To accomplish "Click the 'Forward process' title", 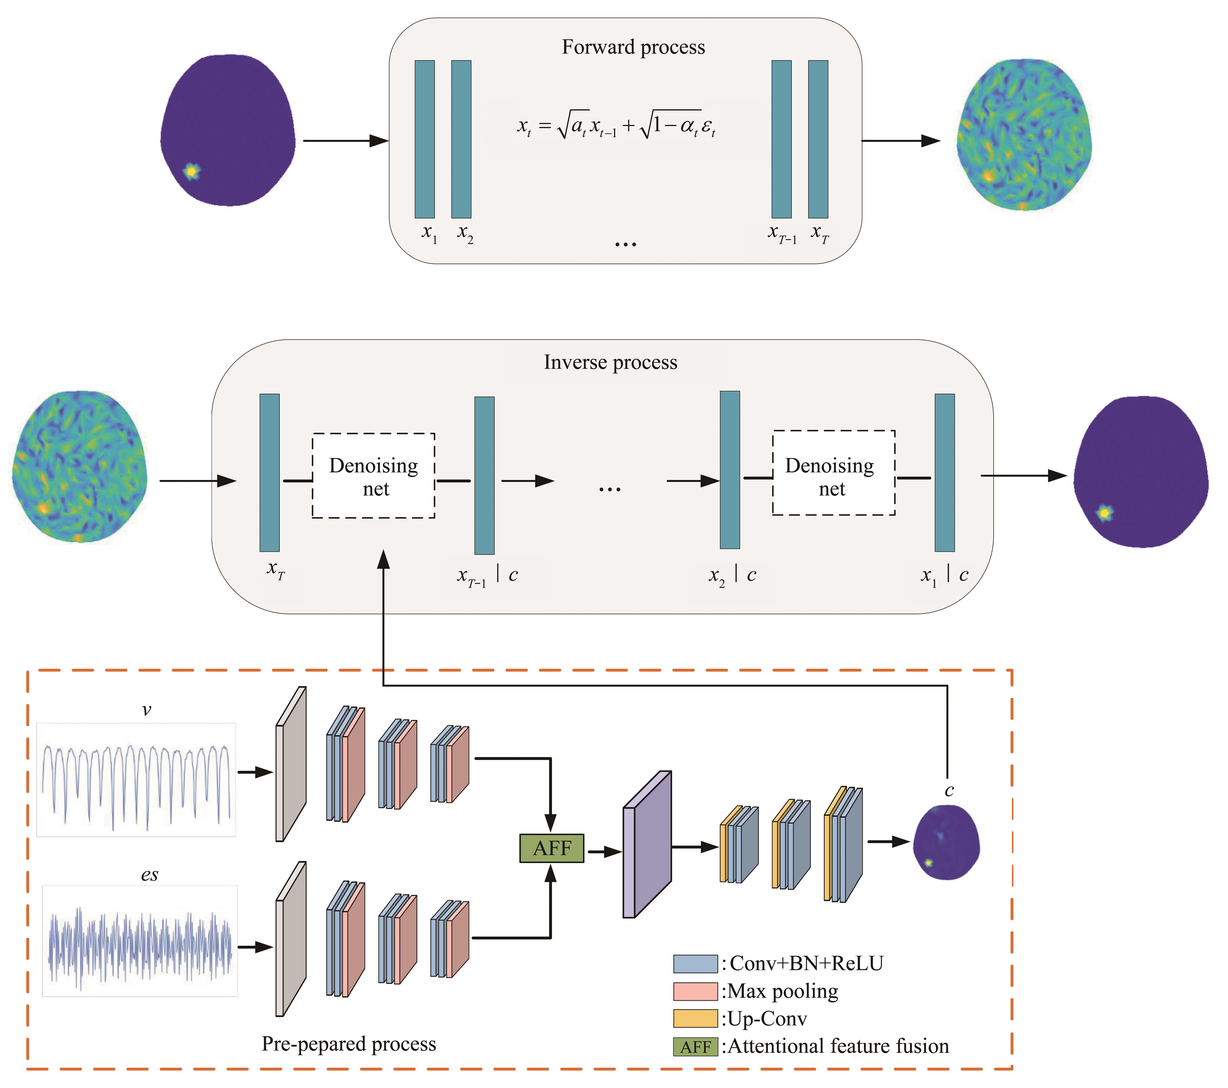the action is [x=633, y=47].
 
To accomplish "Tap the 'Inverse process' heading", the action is [x=610, y=362].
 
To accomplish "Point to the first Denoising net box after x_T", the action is [x=373, y=475].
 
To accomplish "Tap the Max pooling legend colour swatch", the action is [x=695, y=991].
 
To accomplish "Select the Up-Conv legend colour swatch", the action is [x=695, y=1019].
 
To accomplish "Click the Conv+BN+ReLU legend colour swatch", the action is [x=695, y=964].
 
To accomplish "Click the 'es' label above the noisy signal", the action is [x=150, y=875].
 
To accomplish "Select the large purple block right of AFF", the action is [x=647, y=844].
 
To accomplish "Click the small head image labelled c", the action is [x=946, y=842].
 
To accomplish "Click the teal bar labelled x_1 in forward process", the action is [x=425, y=139].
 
